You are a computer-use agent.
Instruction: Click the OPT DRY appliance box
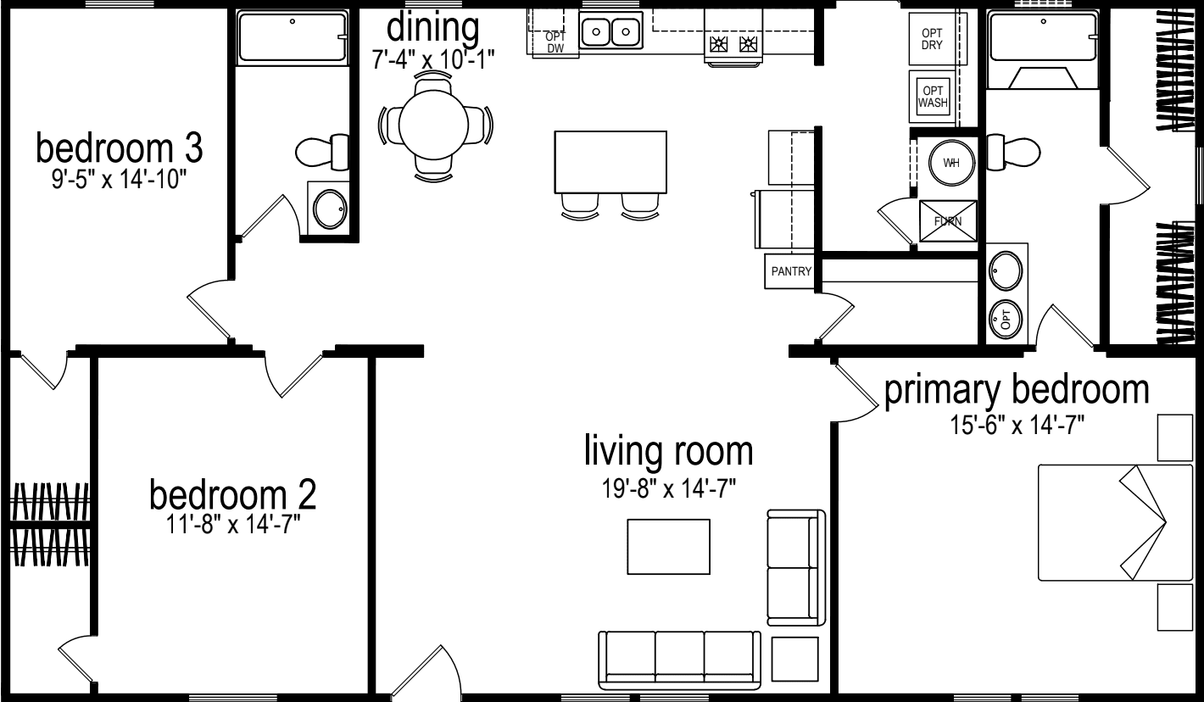pyautogui.click(x=931, y=38)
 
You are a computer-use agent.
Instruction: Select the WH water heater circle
pyautogui.click(x=951, y=163)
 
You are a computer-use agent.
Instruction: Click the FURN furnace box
pyautogui.click(x=948, y=220)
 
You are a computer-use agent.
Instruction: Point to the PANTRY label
pyautogui.click(x=790, y=272)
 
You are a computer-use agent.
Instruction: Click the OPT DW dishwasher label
pyautogui.click(x=555, y=42)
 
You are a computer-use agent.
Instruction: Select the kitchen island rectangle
pyautogui.click(x=610, y=162)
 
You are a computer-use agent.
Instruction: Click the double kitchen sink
pyautogui.click(x=610, y=33)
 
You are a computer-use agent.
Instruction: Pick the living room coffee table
pyautogui.click(x=668, y=546)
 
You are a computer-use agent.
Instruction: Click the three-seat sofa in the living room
pyautogui.click(x=680, y=660)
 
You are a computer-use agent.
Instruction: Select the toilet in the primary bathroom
pyautogui.click(x=1014, y=152)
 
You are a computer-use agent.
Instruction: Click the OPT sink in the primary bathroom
pyautogui.click(x=1006, y=319)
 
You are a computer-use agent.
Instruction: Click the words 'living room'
pyautogui.click(x=668, y=451)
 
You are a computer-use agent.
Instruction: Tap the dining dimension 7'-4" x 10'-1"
pyautogui.click(x=432, y=58)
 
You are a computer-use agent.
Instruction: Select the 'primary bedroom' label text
pyautogui.click(x=1017, y=391)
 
